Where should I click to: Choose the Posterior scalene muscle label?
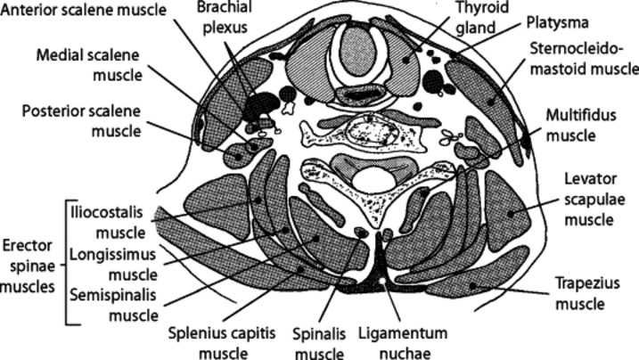(83, 121)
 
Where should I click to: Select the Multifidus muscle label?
(580, 127)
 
